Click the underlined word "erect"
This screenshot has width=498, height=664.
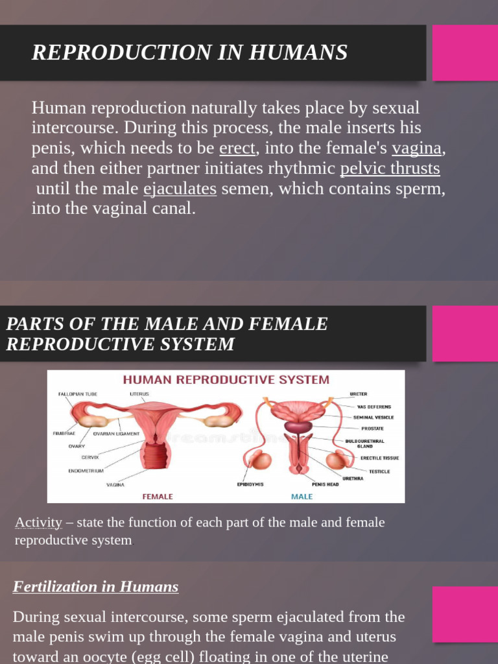(237, 148)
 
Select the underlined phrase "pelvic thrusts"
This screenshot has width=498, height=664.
(390, 169)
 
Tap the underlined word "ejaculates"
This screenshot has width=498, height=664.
(180, 189)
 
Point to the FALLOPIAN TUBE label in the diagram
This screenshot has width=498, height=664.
(77, 394)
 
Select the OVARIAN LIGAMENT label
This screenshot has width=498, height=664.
(116, 434)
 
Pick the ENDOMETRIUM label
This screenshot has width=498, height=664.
(86, 471)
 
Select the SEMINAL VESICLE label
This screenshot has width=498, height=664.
(373, 418)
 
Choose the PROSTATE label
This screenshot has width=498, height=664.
(372, 429)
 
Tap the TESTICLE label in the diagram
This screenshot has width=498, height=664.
(379, 471)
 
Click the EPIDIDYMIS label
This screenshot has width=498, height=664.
(250, 484)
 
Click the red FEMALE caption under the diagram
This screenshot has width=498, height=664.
(158, 497)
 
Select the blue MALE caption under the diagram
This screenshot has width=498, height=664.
(302, 497)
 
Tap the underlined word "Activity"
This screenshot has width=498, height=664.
(38, 523)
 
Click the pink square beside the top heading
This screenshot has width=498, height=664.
(465, 53)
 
